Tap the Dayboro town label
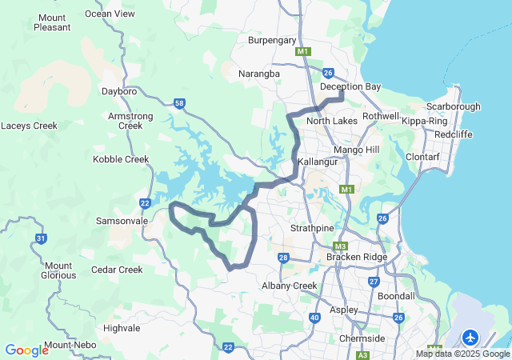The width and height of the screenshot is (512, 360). click(120, 91)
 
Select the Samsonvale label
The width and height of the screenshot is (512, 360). click(117, 220)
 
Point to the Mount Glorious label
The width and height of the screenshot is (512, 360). click(58, 271)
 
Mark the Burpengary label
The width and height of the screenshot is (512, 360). click(273, 40)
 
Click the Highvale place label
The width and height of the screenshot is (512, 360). click(122, 328)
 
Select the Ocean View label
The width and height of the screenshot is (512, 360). click(110, 14)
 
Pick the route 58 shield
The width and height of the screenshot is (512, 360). click(179, 103)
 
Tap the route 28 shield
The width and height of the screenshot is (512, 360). click(283, 258)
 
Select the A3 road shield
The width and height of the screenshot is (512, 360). click(363, 354)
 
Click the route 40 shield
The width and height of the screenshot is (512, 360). click(314, 318)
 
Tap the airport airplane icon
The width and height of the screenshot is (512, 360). click(470, 336)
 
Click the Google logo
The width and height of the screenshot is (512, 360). click(26, 350)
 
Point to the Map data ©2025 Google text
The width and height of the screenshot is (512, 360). click(462, 354)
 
